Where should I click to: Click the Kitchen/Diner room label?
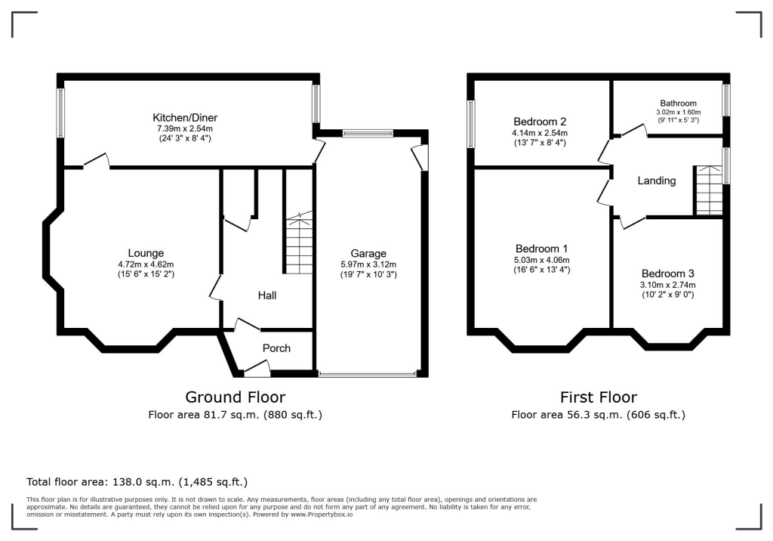[185, 118]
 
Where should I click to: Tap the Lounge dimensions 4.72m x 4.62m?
[146, 264]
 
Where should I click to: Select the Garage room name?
[368, 253]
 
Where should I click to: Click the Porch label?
[276, 348]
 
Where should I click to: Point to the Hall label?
[267, 295]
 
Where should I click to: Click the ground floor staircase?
[298, 244]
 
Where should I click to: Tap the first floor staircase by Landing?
[707, 190]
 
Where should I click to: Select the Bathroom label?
[678, 104]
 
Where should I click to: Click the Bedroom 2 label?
[540, 122]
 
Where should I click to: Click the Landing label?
[657, 181]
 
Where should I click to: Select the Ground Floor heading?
[236, 397]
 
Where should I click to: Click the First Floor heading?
[598, 397]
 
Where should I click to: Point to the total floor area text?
[137, 481]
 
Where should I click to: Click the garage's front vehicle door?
[368, 374]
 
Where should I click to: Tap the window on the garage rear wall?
[367, 134]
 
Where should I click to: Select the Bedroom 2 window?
[471, 124]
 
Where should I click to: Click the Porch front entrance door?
[257, 369]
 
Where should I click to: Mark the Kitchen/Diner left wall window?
[60, 113]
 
